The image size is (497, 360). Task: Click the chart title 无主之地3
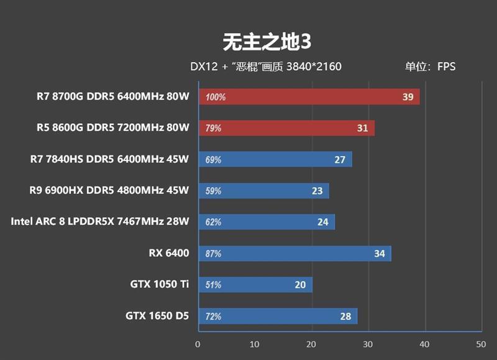(267, 42)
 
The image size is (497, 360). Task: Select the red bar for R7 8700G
(309, 97)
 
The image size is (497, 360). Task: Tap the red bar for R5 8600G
(286, 128)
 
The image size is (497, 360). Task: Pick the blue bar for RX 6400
(294, 253)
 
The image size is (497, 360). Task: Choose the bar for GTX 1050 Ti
(255, 284)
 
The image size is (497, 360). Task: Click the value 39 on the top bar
(408, 97)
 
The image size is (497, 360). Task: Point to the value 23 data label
(317, 191)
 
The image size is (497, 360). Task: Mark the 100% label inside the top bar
(215, 98)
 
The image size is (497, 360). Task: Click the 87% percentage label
(213, 254)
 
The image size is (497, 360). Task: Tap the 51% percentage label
(213, 285)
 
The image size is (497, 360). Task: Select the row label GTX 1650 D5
(157, 316)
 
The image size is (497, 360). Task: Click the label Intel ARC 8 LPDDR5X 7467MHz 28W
(99, 221)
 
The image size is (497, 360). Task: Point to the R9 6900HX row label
(109, 190)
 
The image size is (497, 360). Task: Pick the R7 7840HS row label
(109, 159)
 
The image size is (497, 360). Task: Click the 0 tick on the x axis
(198, 344)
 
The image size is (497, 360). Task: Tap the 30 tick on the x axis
(368, 344)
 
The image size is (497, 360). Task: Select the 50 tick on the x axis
(480, 344)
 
